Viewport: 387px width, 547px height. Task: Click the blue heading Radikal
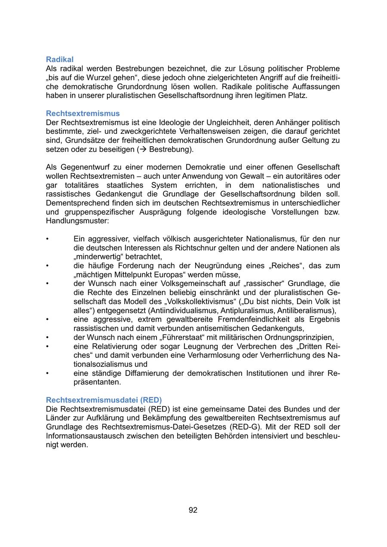[x=60, y=59]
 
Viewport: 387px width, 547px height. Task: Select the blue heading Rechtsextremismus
[x=83, y=113]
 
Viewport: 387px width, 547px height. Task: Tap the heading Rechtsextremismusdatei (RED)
[x=104, y=399]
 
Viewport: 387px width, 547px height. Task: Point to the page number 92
[x=193, y=510]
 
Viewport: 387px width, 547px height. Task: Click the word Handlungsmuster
[x=77, y=221]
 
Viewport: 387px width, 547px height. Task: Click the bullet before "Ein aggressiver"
[x=48, y=239]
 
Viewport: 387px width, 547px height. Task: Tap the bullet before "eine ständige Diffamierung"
[x=48, y=373]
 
